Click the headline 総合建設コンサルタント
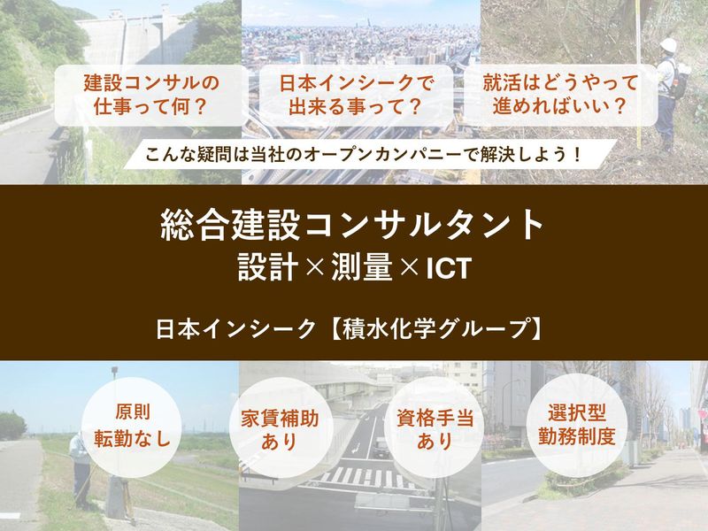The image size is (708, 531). point(353,225)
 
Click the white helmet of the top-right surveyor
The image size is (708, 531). point(669,45)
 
